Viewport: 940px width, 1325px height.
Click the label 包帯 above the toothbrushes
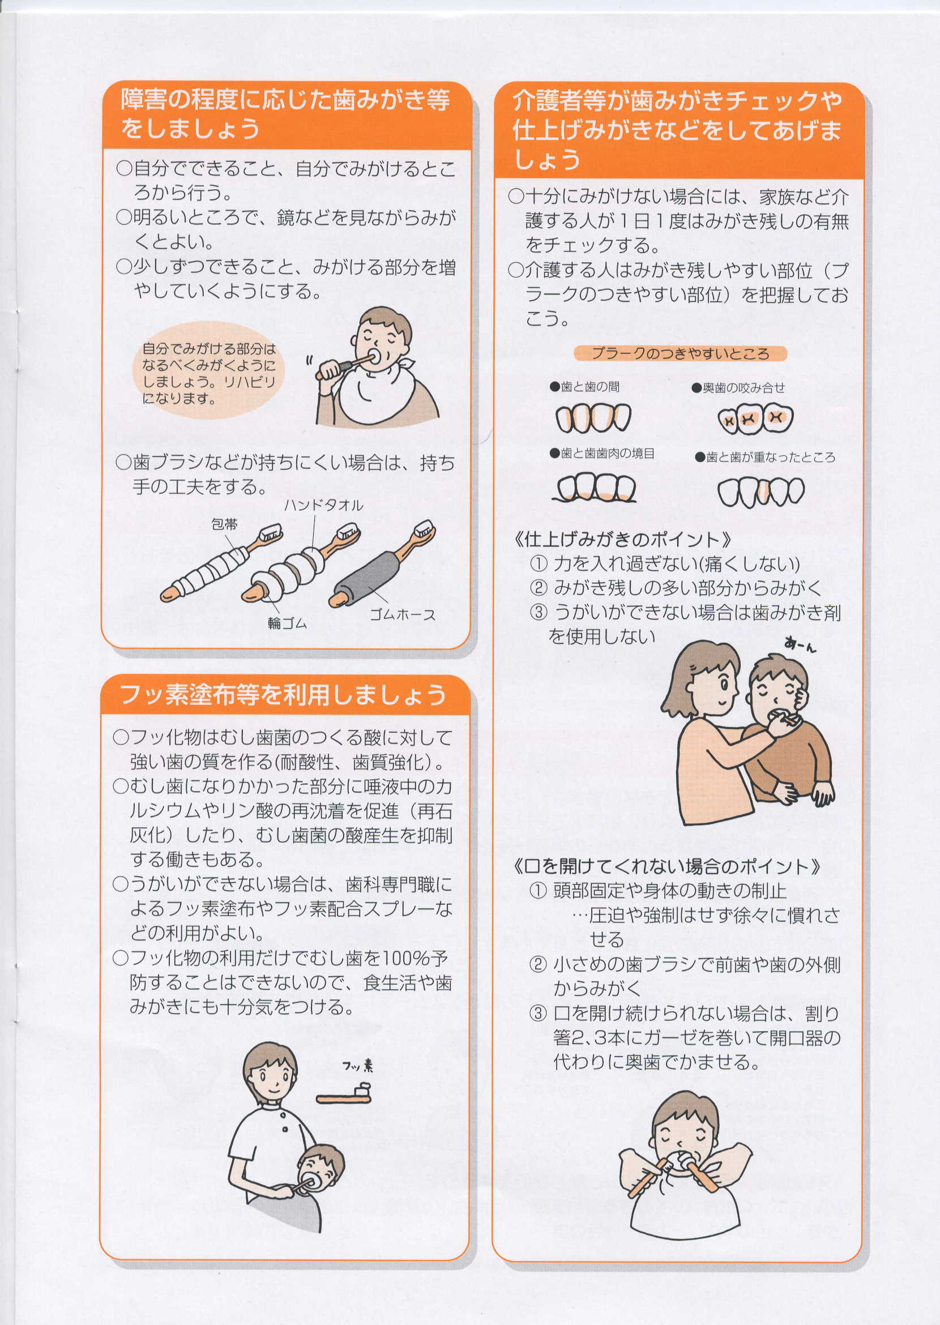pos(224,524)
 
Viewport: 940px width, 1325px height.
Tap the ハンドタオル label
pos(323,505)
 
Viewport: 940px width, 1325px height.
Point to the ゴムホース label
pos(402,615)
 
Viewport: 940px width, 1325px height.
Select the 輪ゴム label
pos(287,623)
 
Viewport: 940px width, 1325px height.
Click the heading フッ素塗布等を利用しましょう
pos(283,695)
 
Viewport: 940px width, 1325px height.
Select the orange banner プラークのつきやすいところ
pos(680,353)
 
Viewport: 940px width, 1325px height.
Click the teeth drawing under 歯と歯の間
pos(593,418)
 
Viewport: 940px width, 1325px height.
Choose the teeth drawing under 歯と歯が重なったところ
pos(761,492)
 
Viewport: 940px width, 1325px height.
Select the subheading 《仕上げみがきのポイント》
pos(622,540)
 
